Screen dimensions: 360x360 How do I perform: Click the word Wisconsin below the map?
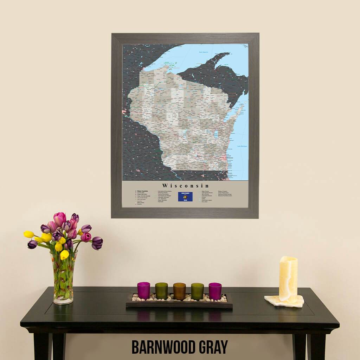pos(186,186)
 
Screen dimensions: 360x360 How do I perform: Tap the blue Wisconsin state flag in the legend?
pos(185,197)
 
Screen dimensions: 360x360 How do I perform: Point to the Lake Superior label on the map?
pos(204,52)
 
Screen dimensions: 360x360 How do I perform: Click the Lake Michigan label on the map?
pos(242,146)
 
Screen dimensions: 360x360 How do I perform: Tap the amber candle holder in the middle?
pos(179,291)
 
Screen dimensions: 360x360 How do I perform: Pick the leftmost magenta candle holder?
pos(143,290)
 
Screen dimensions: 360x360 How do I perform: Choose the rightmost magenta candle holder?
pos(215,291)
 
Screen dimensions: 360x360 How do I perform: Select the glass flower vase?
pos(64,278)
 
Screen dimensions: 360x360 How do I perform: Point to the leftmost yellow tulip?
pos(29,234)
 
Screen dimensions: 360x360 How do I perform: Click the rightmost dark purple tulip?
pos(97,243)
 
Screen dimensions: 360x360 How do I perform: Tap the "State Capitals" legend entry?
pos(142,191)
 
